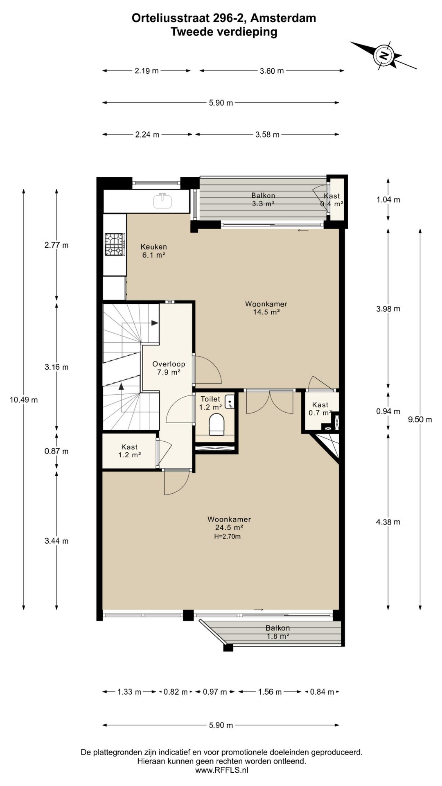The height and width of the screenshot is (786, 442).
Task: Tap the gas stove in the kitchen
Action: [x=115, y=244]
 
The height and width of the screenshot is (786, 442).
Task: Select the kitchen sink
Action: [x=163, y=201]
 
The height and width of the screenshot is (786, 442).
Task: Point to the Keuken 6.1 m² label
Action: [x=153, y=251]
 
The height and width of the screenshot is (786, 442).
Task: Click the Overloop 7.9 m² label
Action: [x=169, y=368]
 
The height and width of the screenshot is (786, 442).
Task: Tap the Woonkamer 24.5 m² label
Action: [x=229, y=523]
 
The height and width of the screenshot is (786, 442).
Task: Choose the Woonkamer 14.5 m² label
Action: [x=266, y=308]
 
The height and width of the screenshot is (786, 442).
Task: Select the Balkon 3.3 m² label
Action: [x=263, y=199]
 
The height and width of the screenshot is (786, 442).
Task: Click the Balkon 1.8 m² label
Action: [x=277, y=632]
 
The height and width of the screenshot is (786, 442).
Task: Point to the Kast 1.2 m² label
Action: [x=129, y=451]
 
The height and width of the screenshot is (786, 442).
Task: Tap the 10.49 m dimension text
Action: [x=24, y=400]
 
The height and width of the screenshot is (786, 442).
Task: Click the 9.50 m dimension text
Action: [x=420, y=419]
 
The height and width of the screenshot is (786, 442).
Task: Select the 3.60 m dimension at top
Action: [x=272, y=71]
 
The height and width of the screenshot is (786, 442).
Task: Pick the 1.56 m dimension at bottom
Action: [x=270, y=692]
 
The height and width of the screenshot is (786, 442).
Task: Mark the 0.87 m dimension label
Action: [x=56, y=451]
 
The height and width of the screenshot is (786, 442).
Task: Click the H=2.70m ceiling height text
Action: [x=227, y=536]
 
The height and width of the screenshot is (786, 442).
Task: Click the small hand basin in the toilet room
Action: [x=230, y=402]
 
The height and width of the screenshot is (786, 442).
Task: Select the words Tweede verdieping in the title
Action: [x=224, y=32]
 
